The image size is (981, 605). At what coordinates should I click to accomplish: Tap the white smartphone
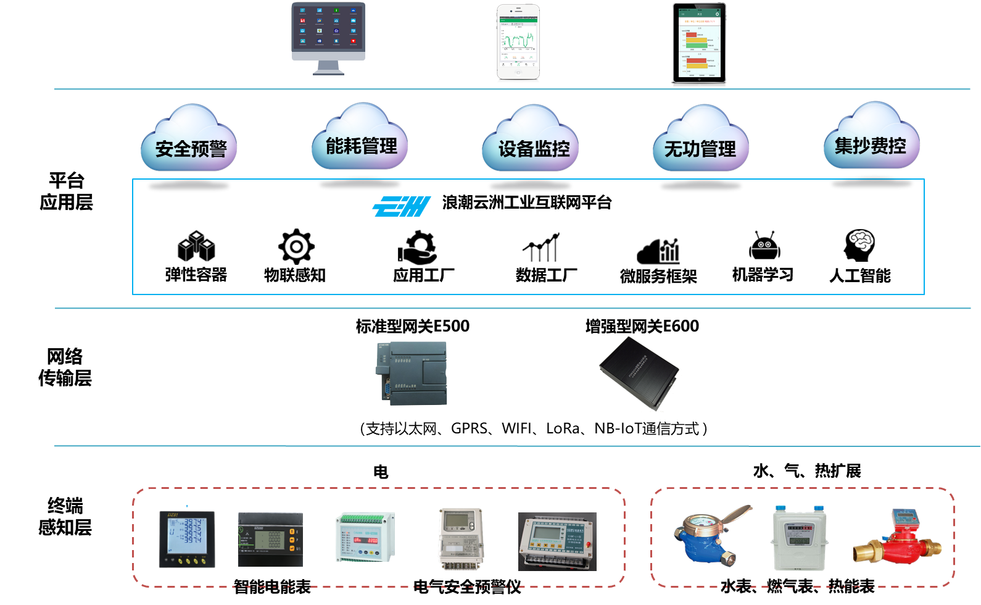tap(518, 42)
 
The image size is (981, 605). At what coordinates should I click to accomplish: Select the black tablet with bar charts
tap(699, 43)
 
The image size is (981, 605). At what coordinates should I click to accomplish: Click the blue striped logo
tap(402, 207)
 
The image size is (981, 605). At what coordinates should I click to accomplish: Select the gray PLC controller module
tap(412, 373)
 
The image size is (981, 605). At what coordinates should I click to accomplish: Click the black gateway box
tap(639, 372)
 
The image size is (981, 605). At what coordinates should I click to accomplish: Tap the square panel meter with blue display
tap(187, 539)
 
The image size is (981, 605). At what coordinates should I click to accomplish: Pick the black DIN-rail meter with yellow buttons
tap(270, 540)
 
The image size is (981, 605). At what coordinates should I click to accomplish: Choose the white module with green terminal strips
tap(365, 537)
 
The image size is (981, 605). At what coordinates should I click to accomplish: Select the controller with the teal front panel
tap(557, 541)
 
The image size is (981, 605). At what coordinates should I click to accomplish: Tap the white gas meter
tap(800, 538)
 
